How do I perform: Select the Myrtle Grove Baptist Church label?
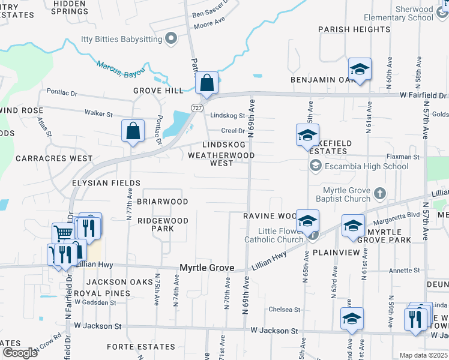point(344,194)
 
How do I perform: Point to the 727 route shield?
point(197,107)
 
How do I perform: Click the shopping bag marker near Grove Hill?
point(206,85)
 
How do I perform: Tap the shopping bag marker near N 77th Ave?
point(133,131)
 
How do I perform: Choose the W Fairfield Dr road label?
point(423,95)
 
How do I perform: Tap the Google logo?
point(19,353)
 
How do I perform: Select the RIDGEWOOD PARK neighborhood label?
point(163,224)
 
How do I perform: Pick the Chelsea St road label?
point(285,310)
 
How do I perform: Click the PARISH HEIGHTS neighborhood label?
point(354,29)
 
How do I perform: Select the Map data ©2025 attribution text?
point(423,355)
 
